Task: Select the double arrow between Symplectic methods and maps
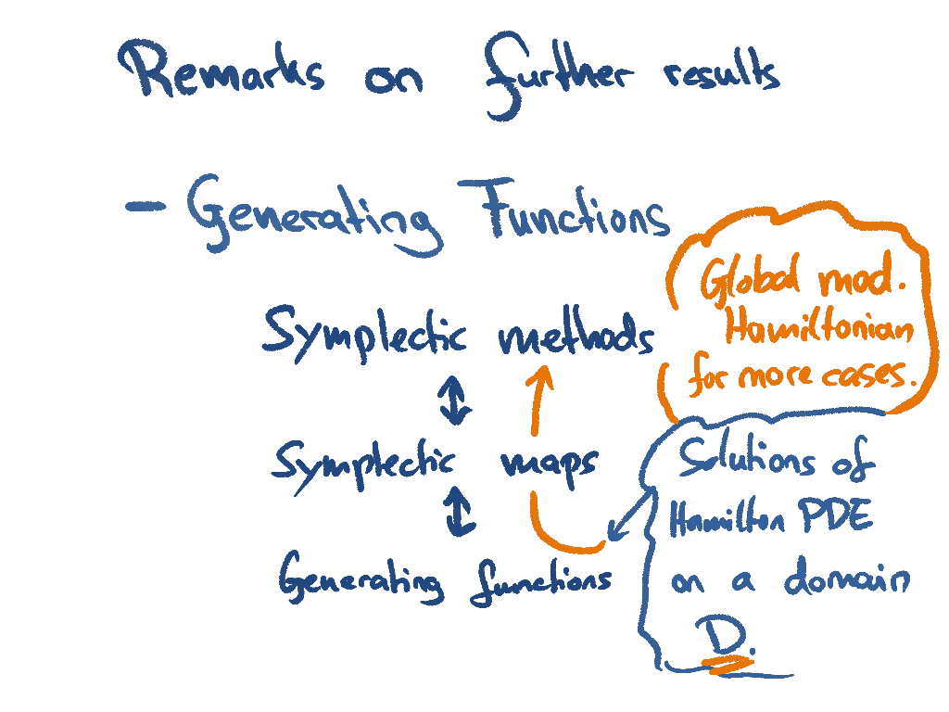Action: tap(454, 401)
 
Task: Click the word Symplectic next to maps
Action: tap(378, 461)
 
